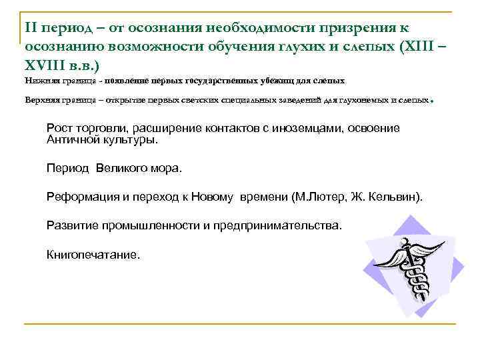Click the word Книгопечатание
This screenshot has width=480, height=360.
pos(93,254)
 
